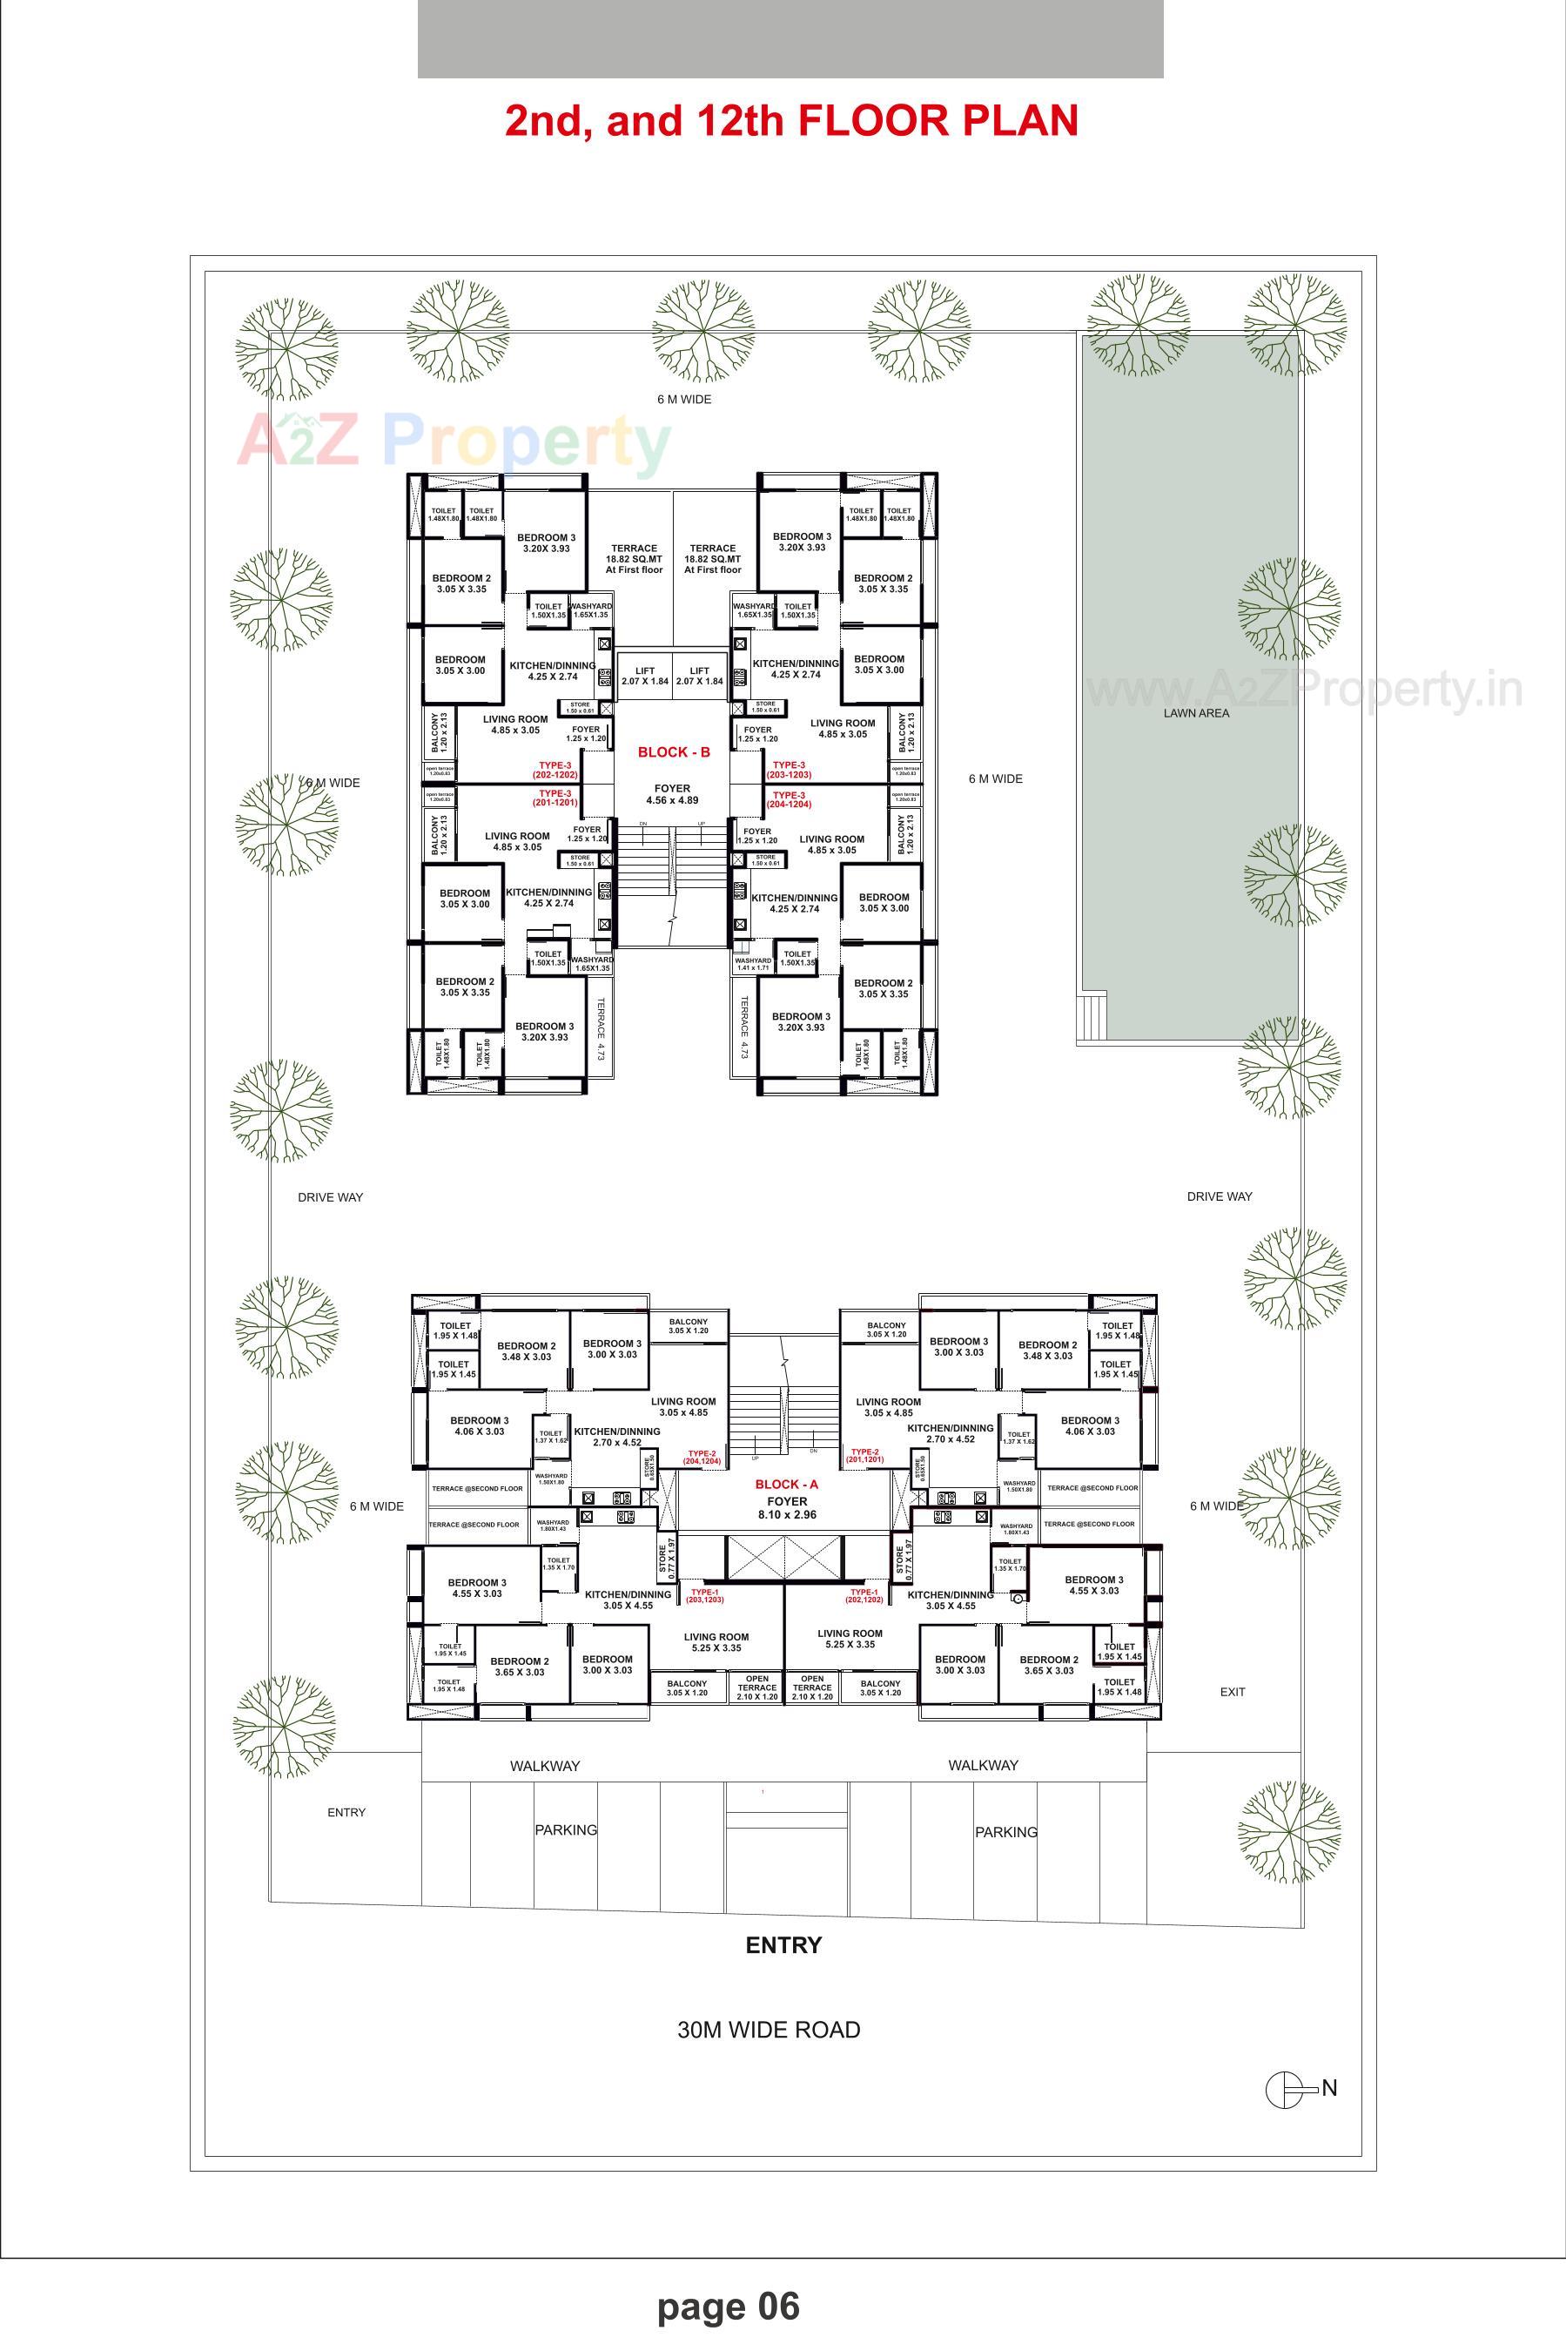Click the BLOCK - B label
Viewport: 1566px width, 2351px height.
(674, 752)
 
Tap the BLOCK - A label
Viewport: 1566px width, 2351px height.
(786, 1484)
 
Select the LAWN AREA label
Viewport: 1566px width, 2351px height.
(1195, 714)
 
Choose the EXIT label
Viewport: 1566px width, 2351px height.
(1233, 1692)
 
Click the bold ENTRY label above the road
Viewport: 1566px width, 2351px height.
(783, 1945)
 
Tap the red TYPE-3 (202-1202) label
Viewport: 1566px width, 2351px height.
(555, 769)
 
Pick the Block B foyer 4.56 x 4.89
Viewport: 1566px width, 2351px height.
(672, 795)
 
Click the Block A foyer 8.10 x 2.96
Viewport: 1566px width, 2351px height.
(786, 1508)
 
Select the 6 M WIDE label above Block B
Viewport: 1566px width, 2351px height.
(684, 400)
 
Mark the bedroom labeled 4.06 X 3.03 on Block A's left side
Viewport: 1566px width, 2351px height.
(479, 1426)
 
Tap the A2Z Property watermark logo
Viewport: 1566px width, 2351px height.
(454, 441)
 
